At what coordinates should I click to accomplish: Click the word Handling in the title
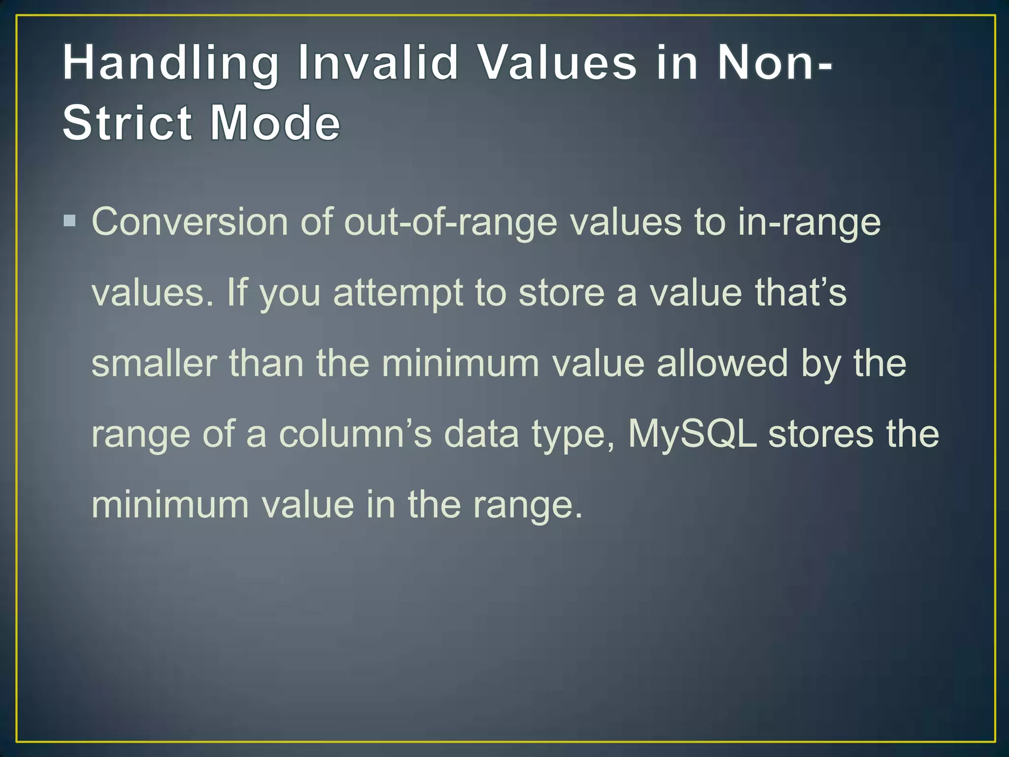170,63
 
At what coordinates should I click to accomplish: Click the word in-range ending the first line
809,222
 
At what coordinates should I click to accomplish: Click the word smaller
154,363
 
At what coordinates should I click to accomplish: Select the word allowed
722,363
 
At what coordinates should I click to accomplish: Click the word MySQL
692,434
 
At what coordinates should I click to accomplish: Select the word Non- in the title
774,63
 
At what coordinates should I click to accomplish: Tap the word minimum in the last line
170,505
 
